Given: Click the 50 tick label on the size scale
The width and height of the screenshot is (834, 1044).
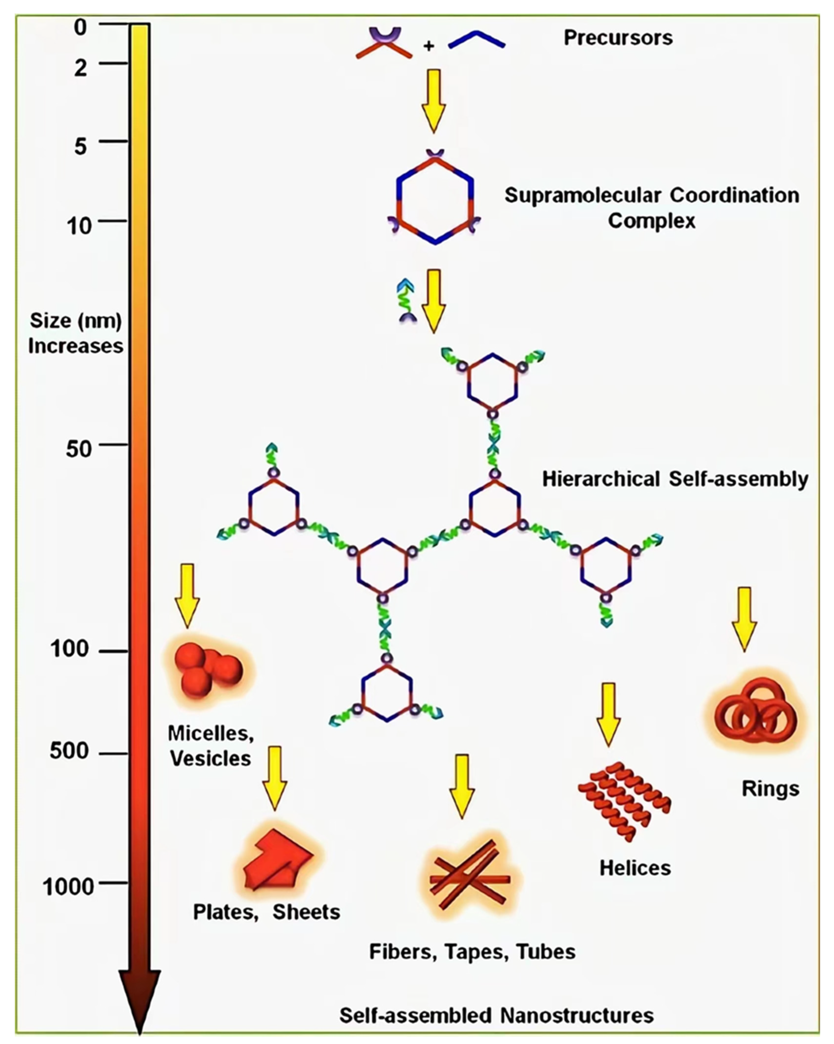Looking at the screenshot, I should (x=79, y=449).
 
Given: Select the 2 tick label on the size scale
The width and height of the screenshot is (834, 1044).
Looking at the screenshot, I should (x=80, y=68).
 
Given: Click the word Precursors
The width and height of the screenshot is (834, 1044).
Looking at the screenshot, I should (x=618, y=38).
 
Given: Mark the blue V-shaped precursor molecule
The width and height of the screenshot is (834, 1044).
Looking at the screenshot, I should (x=477, y=41).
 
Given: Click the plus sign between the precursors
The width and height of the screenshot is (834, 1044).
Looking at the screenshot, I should (x=428, y=46).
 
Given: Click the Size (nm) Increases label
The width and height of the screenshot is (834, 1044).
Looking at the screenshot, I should (x=76, y=333).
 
